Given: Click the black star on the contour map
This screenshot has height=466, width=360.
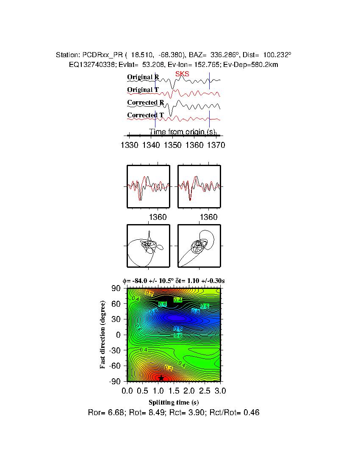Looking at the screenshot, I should point(161,378).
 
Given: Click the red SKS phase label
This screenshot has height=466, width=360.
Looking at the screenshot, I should point(182,74).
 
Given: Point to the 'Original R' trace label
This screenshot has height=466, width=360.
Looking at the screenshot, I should point(143,77).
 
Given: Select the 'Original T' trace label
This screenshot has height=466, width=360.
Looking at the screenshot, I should point(143,90).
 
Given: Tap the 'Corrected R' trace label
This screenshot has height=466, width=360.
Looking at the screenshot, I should point(145,103).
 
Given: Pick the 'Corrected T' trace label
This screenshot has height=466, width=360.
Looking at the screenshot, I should point(145,115).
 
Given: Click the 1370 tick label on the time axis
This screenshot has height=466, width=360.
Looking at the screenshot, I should point(216,145).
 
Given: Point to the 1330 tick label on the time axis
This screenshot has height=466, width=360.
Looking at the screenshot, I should point(129,145).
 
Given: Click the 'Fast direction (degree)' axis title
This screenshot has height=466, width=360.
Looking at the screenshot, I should point(103,335).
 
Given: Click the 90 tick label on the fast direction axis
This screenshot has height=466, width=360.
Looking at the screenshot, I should point(116,288).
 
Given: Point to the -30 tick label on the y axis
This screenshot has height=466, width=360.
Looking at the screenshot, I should point(114,350).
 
